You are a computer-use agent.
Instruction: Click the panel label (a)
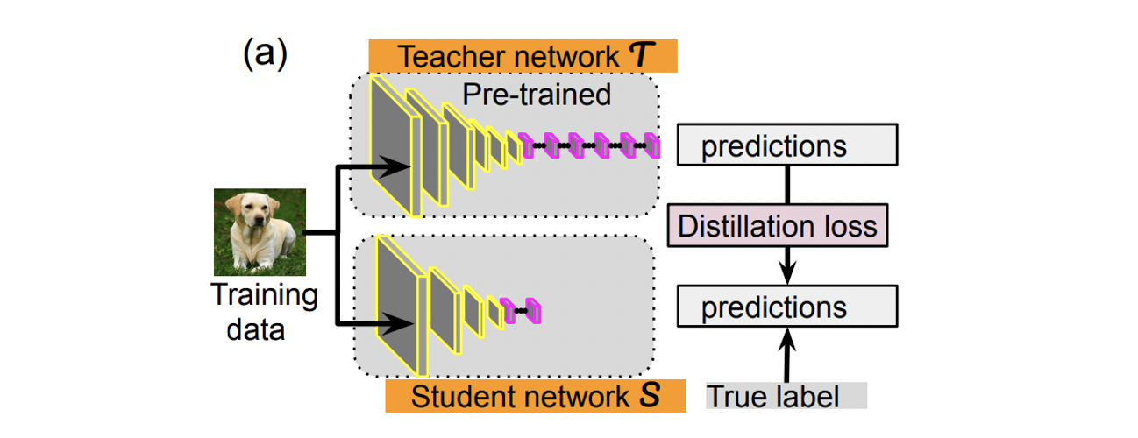click(x=264, y=55)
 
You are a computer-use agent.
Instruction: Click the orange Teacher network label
click(x=523, y=57)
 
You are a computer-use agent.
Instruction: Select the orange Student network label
click(x=535, y=396)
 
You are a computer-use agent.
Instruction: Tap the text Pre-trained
click(x=537, y=95)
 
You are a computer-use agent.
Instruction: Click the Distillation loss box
click(x=778, y=227)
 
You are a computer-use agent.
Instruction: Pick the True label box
click(x=786, y=396)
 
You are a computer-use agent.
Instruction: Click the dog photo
click(x=260, y=232)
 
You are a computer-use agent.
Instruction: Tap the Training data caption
click(x=264, y=312)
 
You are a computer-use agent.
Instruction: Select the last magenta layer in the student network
click(x=536, y=310)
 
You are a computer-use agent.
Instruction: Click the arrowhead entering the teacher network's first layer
click(x=404, y=165)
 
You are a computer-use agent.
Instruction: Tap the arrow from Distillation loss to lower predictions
click(x=788, y=263)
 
